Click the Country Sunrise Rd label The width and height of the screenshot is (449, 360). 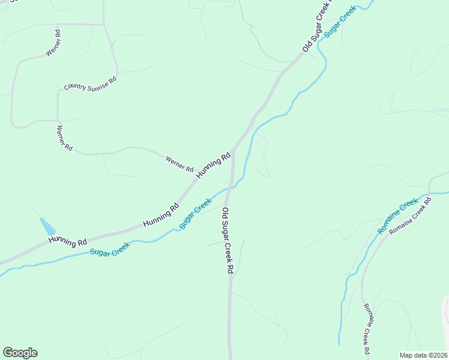90,83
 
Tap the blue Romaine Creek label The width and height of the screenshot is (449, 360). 397,216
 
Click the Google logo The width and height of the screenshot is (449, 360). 20,353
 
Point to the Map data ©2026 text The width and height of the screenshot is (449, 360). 423,355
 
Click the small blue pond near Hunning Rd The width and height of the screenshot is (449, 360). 47,227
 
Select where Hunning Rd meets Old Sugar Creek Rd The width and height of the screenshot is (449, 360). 233,150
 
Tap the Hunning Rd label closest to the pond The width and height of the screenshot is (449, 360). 68,241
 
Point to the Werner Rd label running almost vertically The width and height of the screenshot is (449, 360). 64,137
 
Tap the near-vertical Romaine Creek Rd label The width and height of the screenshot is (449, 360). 366,328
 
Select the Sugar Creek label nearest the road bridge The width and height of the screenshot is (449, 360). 196,213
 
